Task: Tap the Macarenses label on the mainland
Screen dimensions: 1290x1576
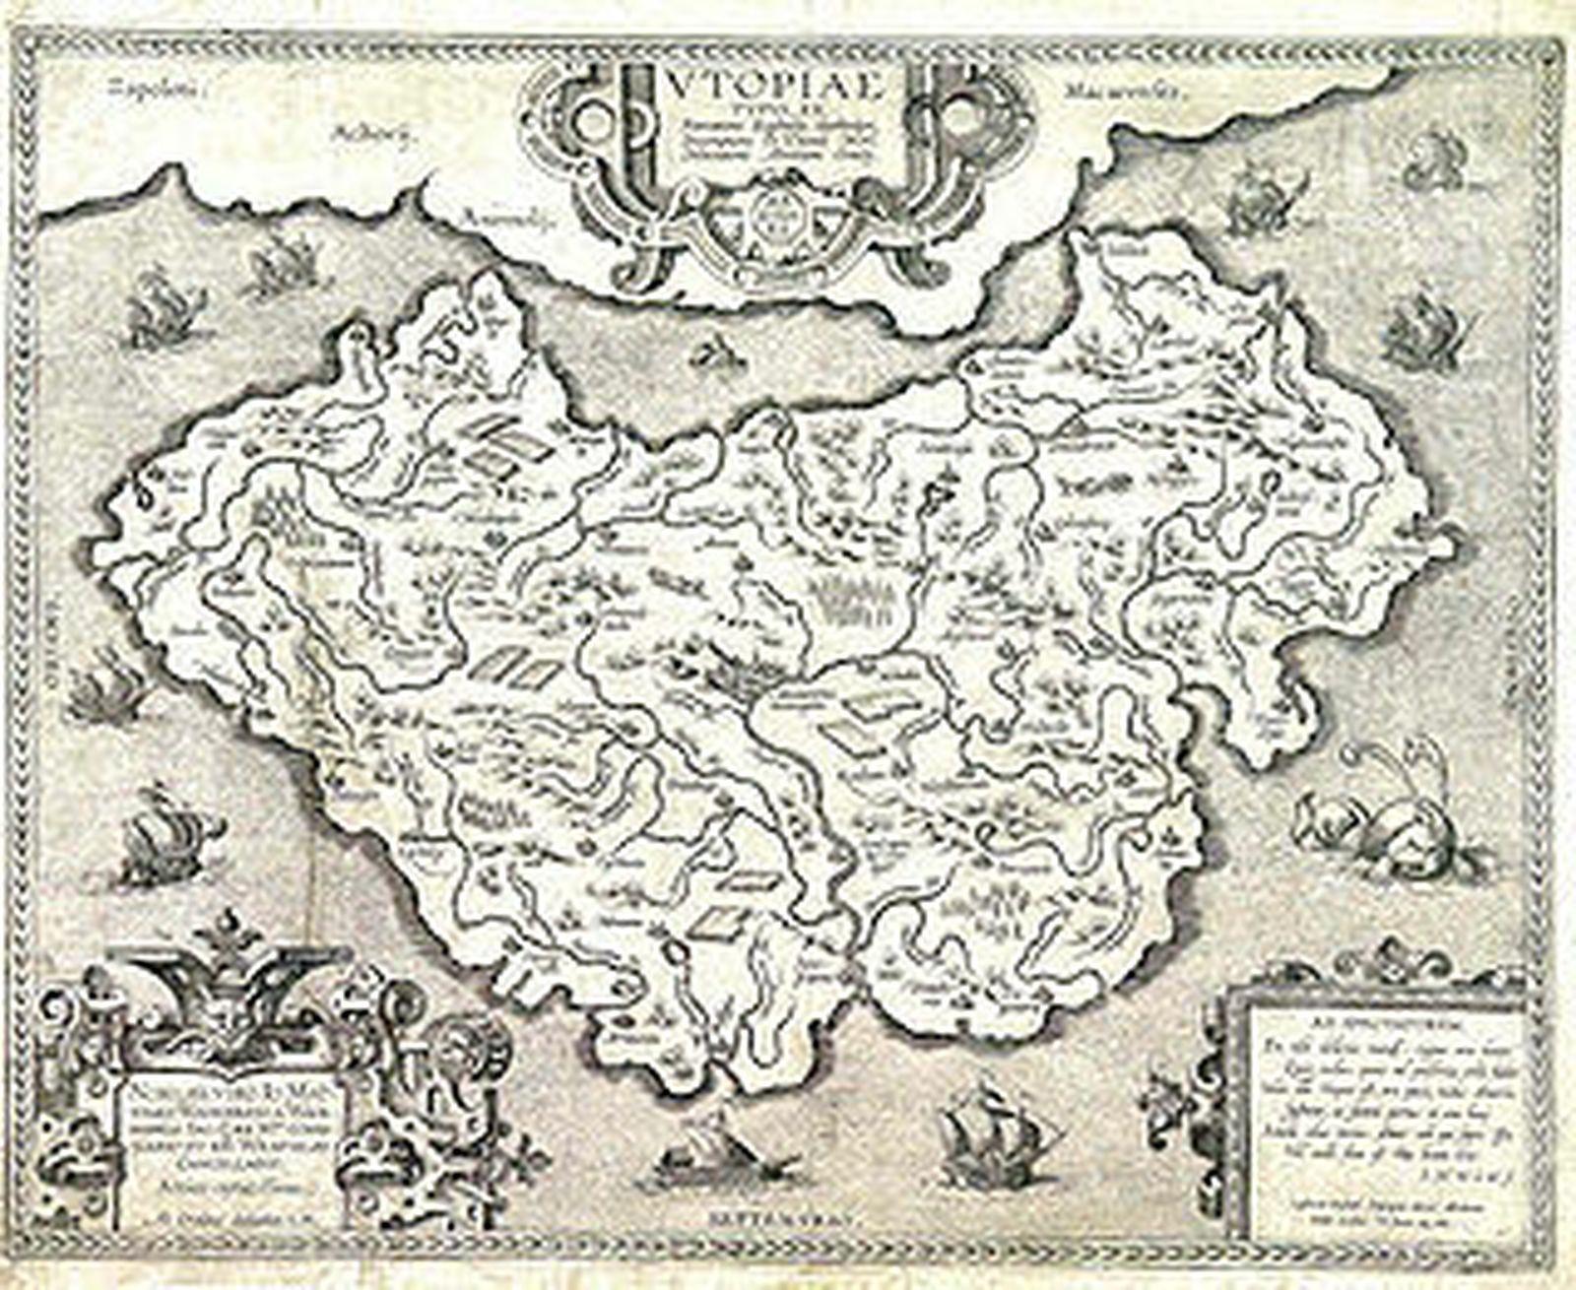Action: tap(1123, 93)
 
